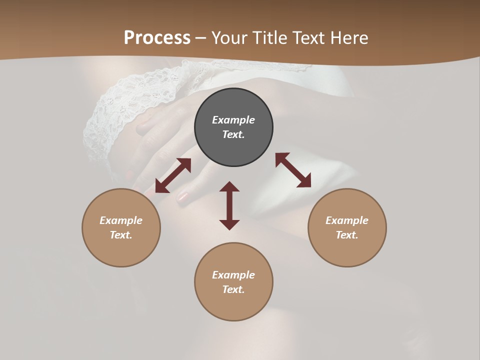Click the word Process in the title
coord(157,38)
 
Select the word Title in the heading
coord(267,38)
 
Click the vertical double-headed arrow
coord(229,205)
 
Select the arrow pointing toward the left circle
coord(173,175)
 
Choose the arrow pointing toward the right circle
coord(293,170)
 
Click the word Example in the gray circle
coord(233,120)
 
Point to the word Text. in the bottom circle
coord(233,289)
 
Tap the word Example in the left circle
coord(121,220)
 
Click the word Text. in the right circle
coord(347,235)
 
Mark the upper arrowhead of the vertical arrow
coord(229,187)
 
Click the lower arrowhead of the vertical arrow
coord(229,224)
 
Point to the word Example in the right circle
coord(347,220)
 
